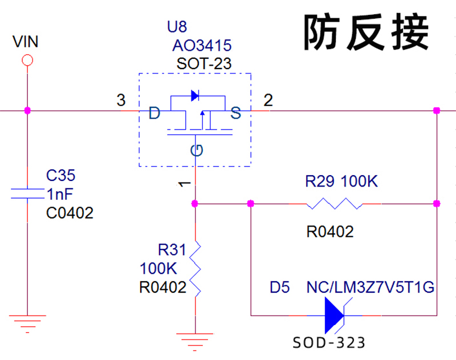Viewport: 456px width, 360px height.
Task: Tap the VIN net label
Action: pos(26,42)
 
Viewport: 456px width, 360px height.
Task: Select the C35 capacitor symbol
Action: pos(27,193)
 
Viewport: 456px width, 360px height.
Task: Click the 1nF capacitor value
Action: pos(60,193)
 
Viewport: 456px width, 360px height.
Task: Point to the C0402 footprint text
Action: pos(70,213)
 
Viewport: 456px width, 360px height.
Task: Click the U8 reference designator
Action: pos(177,27)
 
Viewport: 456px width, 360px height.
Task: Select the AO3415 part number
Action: pos(202,46)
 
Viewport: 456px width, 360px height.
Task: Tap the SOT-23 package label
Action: pos(204,64)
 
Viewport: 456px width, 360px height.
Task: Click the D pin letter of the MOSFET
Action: pos(154,113)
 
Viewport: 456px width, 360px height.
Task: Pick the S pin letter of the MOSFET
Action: pos(235,113)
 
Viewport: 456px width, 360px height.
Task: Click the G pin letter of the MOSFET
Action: pos(196,151)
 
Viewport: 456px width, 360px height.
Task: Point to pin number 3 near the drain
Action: pos(121,100)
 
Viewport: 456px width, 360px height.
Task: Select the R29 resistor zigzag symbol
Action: pos(335,203)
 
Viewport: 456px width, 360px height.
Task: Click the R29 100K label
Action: pos(341,182)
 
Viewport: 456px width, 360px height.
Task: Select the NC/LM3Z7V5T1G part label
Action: pos(370,287)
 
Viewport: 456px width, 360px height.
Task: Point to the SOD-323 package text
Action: pos(329,342)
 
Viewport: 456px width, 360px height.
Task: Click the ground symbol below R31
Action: pos(196,340)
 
